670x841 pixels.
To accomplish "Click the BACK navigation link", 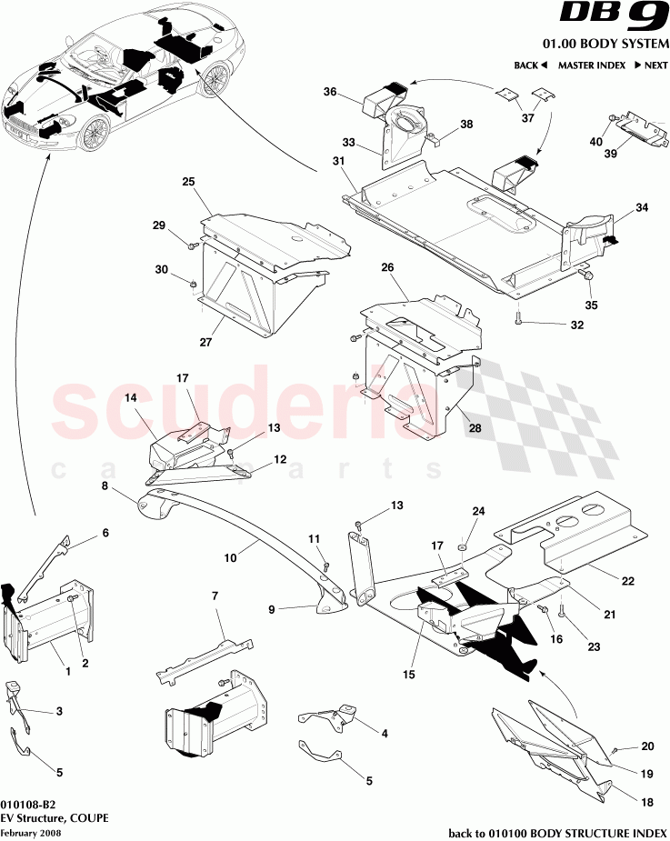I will click(530, 65).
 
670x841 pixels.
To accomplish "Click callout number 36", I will click(330, 92).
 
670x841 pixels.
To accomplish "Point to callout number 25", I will click(188, 183).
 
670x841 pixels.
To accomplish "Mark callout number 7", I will click(214, 596).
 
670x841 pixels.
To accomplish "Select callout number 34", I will click(641, 208).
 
